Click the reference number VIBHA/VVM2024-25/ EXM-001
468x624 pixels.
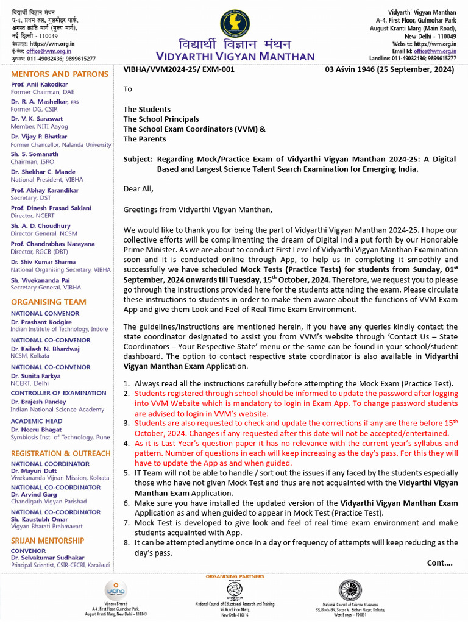tap(179, 69)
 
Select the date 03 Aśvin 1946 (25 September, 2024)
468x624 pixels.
tap(389, 69)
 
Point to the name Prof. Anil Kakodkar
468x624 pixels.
tap(39, 84)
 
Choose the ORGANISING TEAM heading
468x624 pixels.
tap(49, 302)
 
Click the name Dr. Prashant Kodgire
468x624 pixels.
tap(41, 322)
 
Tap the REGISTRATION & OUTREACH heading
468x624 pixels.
tap(61, 453)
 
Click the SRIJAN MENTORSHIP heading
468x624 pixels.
tap(48, 541)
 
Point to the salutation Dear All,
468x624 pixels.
tap(138, 189)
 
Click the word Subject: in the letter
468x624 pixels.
tap(138, 159)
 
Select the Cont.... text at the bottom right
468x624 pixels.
tap(439, 562)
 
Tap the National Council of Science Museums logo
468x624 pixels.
tap(350, 590)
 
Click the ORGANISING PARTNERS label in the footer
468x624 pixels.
tap(234, 576)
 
